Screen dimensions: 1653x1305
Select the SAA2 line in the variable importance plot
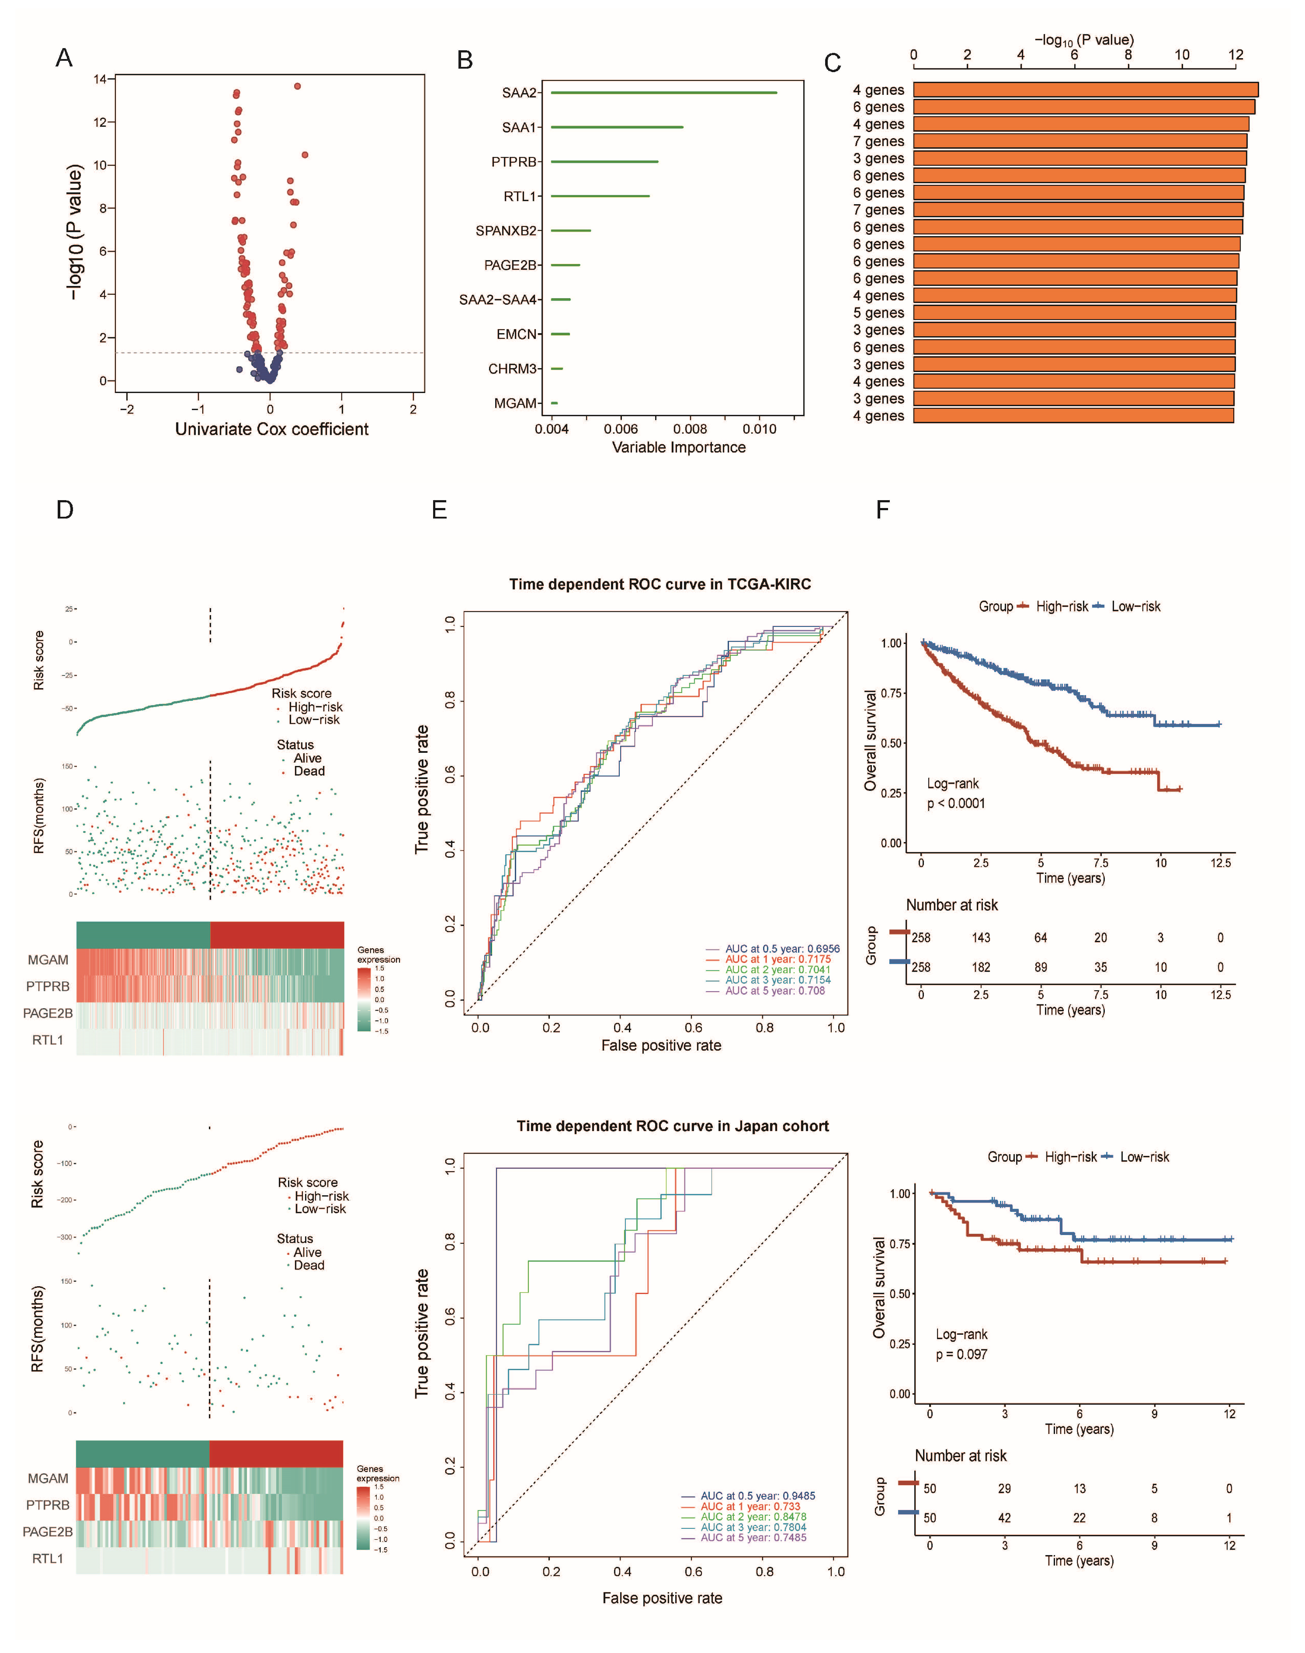[663, 93]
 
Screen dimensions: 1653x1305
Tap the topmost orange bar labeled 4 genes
[1085, 90]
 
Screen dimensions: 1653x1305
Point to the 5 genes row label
[878, 313]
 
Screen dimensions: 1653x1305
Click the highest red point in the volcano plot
[297, 87]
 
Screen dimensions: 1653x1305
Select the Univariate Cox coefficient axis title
[271, 429]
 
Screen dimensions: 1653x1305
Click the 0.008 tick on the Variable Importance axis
[690, 429]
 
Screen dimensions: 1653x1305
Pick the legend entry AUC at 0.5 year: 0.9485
[757, 1496]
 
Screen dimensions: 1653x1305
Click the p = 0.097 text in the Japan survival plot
[961, 1354]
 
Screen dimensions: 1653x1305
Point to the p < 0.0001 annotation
[956, 803]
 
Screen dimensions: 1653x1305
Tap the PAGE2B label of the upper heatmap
[47, 1013]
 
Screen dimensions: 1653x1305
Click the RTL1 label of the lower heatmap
[47, 1558]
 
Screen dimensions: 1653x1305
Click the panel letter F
[882, 510]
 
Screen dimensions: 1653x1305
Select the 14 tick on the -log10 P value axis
[100, 79]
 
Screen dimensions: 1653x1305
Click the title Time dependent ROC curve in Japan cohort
[672, 1126]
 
